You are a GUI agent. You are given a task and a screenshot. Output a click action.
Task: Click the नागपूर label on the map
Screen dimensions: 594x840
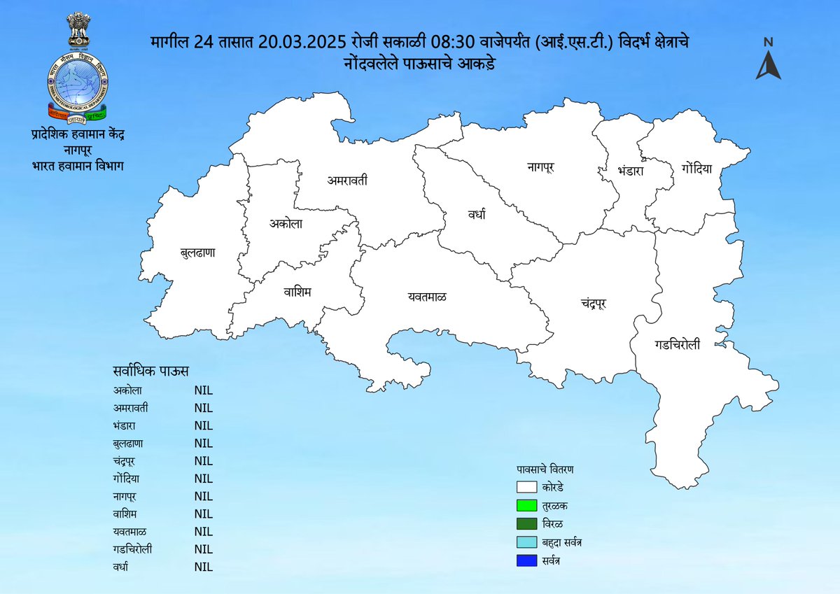tap(541, 167)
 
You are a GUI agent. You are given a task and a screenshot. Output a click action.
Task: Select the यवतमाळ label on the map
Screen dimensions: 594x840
tap(427, 297)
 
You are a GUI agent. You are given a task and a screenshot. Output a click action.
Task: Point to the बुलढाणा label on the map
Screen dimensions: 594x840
tap(197, 252)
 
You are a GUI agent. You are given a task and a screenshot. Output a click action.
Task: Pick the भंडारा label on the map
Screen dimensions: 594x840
tap(630, 170)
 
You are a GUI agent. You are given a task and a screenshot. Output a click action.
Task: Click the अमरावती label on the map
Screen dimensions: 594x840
tap(347, 181)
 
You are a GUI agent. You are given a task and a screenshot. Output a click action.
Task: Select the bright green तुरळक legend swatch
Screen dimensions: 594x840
tap(526, 505)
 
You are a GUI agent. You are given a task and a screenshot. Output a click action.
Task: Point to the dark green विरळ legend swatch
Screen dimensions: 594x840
tap(526, 524)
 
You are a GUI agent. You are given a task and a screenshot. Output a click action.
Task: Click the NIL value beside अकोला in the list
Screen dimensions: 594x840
tap(203, 390)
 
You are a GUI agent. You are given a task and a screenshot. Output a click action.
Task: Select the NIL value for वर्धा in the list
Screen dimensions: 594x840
tap(203, 567)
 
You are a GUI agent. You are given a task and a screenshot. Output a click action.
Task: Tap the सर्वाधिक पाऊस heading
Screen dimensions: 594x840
tap(150, 370)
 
